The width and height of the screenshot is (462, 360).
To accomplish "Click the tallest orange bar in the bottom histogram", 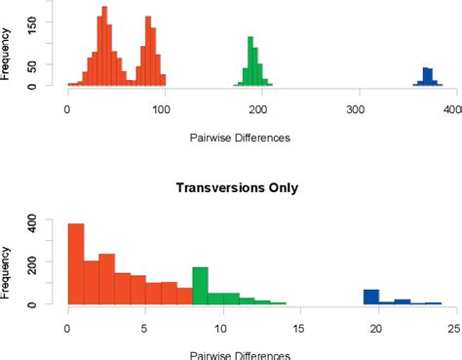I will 75,263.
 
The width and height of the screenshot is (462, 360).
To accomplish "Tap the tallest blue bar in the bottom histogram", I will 370,297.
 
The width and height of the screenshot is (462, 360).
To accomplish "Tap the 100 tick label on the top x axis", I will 163,110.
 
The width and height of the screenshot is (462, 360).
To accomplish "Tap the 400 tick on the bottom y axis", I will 36,222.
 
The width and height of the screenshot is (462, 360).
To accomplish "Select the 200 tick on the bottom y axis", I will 36,263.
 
